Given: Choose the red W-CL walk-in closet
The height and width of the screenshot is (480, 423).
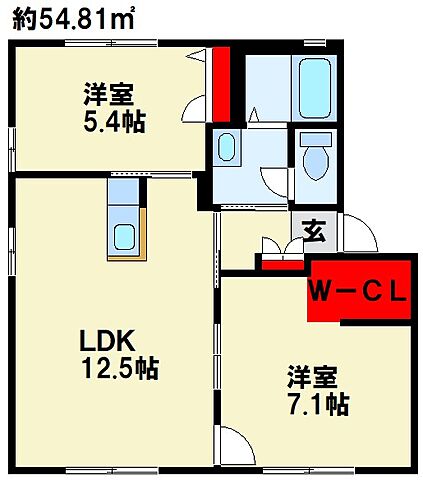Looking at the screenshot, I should (358, 291).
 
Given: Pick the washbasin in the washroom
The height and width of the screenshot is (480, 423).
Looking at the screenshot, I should (227, 148).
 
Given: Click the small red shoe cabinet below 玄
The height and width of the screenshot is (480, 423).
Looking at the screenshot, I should (282, 264).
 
